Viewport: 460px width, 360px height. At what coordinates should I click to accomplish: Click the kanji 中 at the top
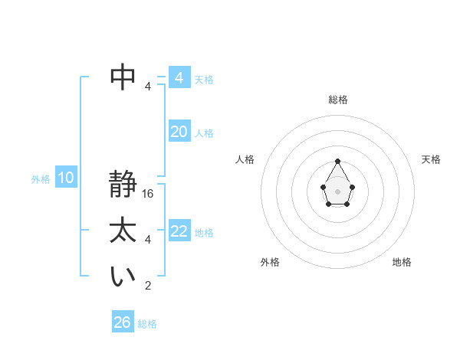pyautogui.click(x=123, y=76)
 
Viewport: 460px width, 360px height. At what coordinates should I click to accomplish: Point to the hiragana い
pyautogui.click(x=123, y=277)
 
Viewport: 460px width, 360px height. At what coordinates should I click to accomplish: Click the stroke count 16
pyautogui.click(x=149, y=194)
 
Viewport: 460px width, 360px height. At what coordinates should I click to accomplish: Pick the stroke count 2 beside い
pyautogui.click(x=148, y=286)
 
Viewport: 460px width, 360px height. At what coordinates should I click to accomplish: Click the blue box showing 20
pyautogui.click(x=179, y=132)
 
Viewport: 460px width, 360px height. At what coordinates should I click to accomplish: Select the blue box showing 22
pyautogui.click(x=179, y=231)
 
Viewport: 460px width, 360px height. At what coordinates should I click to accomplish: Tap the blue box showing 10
pyautogui.click(x=66, y=178)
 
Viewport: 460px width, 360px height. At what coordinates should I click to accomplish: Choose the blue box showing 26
pyautogui.click(x=123, y=322)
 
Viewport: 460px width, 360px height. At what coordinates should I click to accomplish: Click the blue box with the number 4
pyautogui.click(x=179, y=78)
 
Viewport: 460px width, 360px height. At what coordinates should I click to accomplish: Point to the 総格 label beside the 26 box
pyautogui.click(x=147, y=324)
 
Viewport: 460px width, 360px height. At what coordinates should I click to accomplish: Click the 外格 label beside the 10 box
pyautogui.click(x=41, y=179)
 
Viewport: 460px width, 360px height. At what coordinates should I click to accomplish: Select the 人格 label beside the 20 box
pyautogui.click(x=204, y=133)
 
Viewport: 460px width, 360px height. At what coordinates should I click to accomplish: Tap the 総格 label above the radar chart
pyautogui.click(x=337, y=100)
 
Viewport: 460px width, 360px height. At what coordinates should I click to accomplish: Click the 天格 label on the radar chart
pyautogui.click(x=432, y=159)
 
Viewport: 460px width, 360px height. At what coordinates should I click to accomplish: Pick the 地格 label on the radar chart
pyautogui.click(x=402, y=262)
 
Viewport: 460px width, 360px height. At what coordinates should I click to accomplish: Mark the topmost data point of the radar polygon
pyautogui.click(x=337, y=161)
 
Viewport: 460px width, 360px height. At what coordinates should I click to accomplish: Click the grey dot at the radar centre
pyautogui.click(x=337, y=191)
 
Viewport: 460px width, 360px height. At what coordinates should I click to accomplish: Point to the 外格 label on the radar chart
pyautogui.click(x=270, y=262)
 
